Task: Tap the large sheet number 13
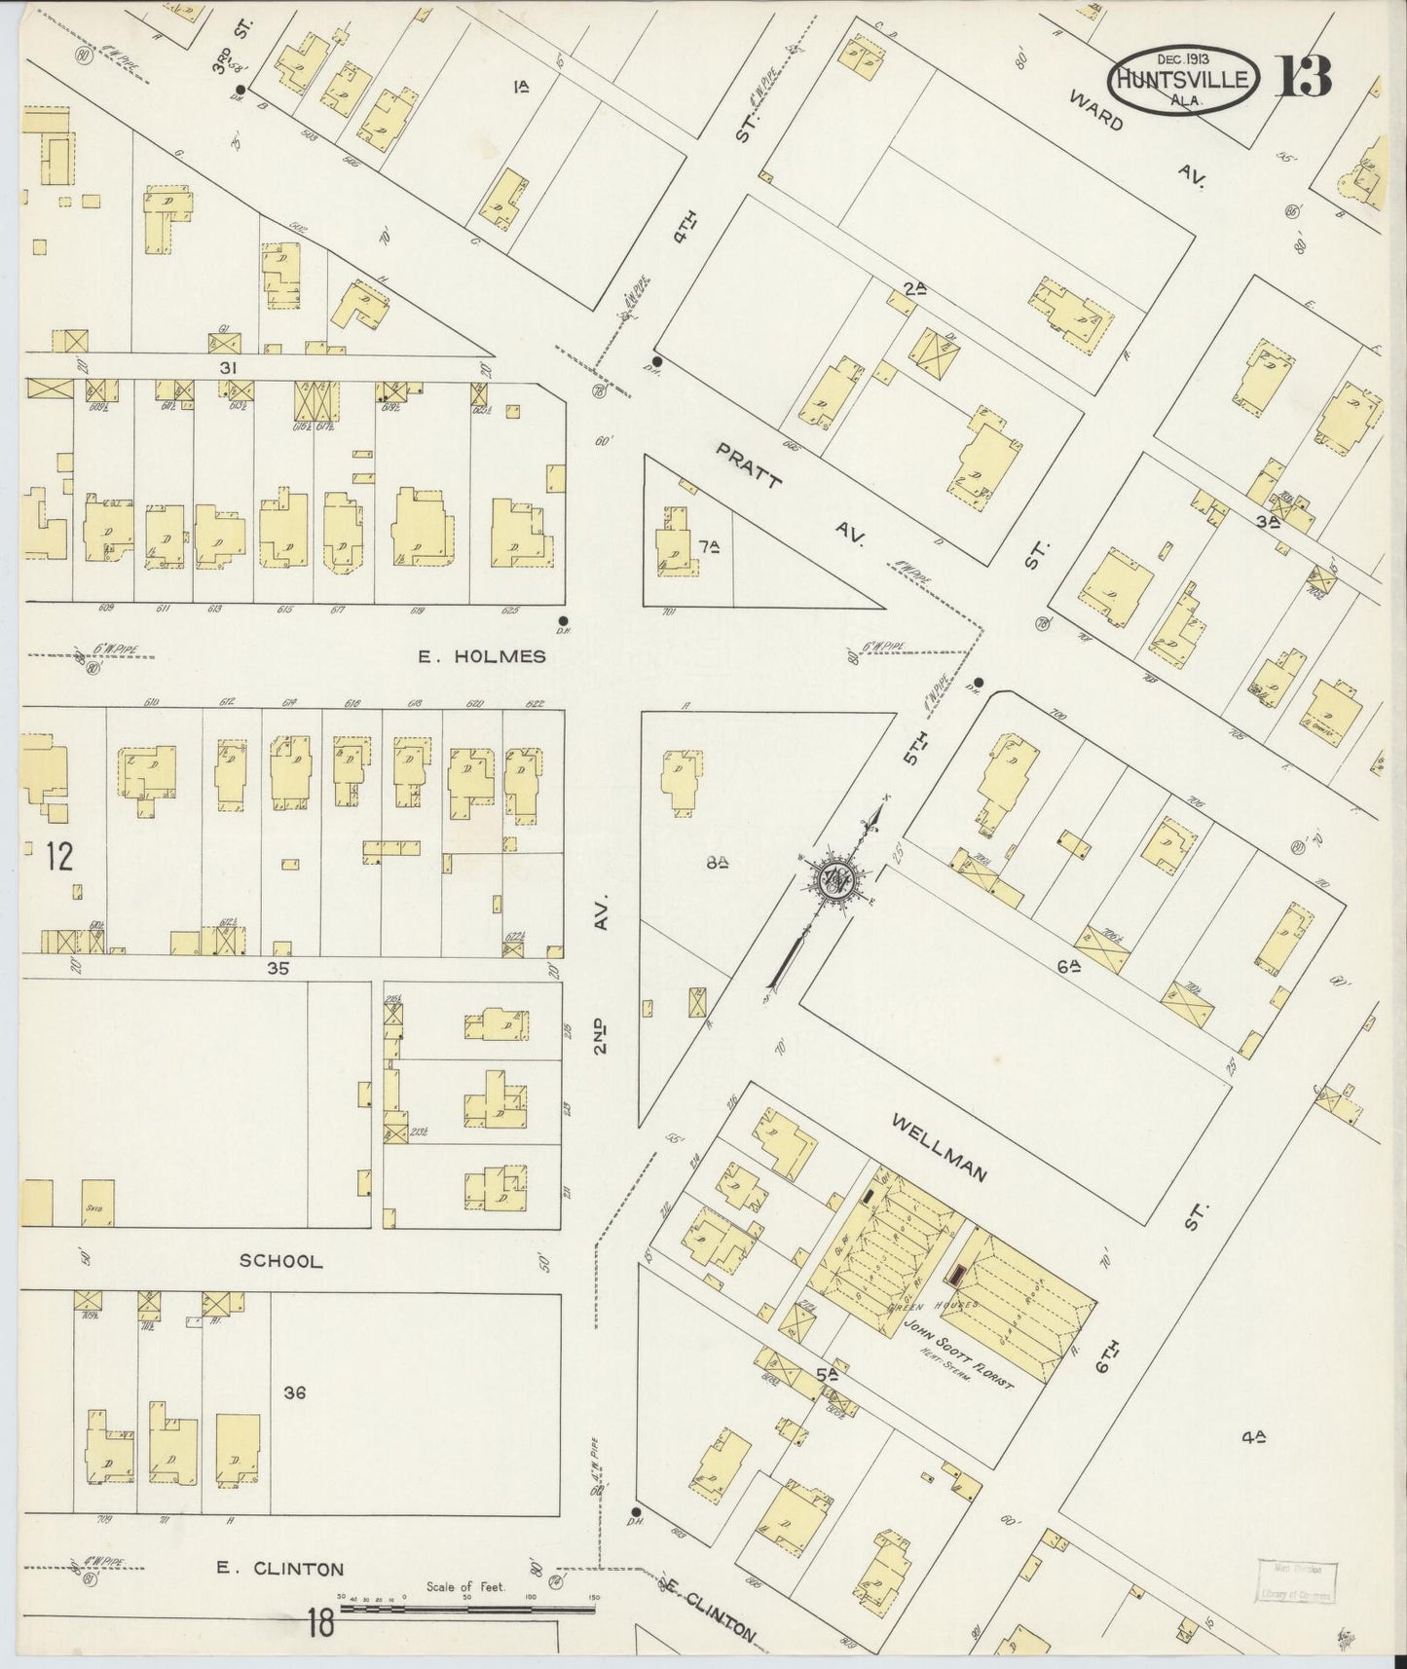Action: point(1304,76)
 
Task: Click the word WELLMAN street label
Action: point(940,1148)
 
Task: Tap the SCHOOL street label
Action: point(280,1260)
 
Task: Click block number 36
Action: point(294,1392)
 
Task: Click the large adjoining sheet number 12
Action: point(58,857)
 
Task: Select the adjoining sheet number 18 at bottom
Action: point(320,1623)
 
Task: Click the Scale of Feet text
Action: point(465,1586)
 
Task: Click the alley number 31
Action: point(229,367)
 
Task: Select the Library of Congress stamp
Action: point(1294,1581)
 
